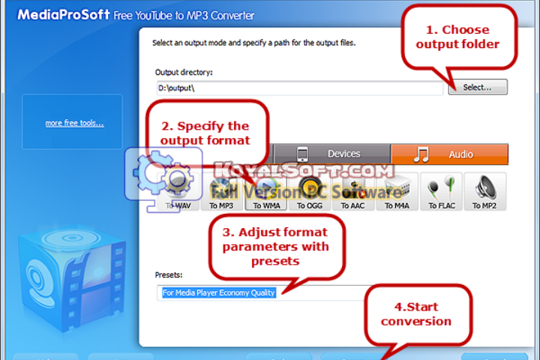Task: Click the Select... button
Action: click(478, 88)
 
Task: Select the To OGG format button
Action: click(310, 193)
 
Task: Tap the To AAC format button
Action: click(354, 193)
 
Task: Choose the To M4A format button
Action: click(397, 193)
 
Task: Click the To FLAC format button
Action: click(442, 193)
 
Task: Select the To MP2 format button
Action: click(484, 193)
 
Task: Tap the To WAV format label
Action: click(180, 205)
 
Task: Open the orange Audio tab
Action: click(449, 154)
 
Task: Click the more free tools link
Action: click(74, 123)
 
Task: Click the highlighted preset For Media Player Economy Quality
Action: click(219, 292)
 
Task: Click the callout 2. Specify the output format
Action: click(205, 133)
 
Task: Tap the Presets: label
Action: click(169, 275)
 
